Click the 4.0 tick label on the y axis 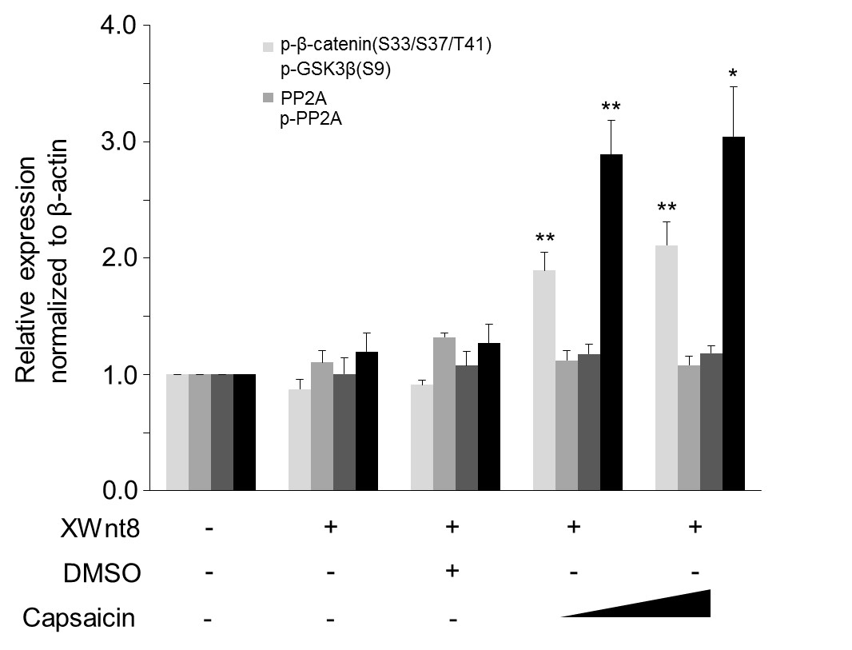pos(120,26)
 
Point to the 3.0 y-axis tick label pos(120,142)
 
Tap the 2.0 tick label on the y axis pos(120,258)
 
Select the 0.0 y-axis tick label pos(120,490)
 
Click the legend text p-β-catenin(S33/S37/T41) pos(385,45)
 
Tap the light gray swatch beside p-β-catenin pos(269,45)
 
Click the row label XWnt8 pos(94,528)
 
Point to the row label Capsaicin pos(79,618)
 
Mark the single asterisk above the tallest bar pos(733,75)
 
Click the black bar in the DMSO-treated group pos(488,417)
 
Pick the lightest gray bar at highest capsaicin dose pos(666,368)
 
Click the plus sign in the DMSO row pos(452,570)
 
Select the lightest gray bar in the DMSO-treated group pos(421,437)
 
